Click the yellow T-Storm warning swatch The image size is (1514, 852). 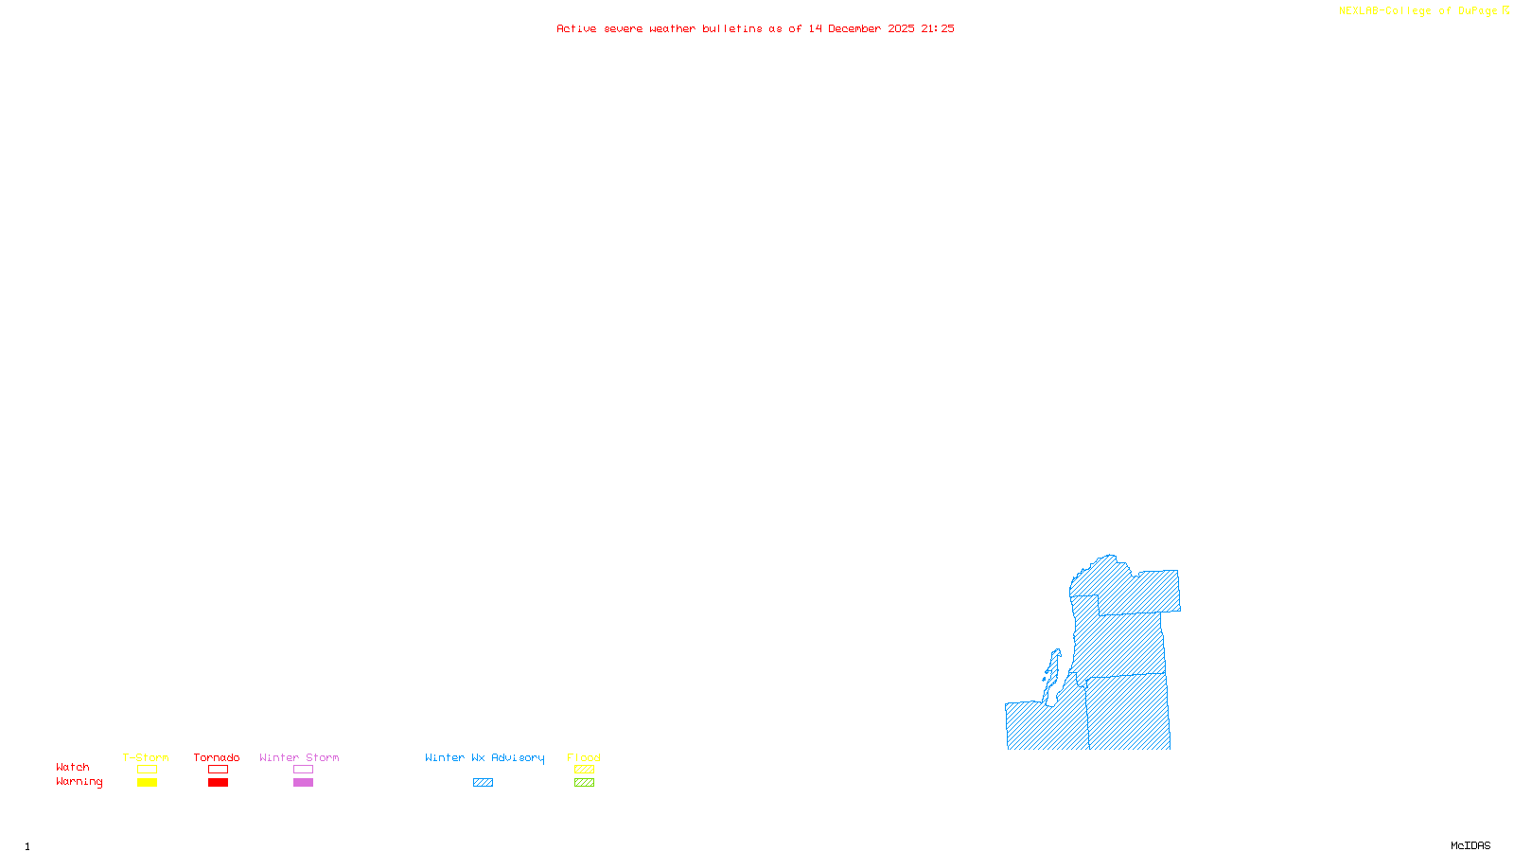point(147,783)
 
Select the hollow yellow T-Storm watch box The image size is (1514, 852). point(147,770)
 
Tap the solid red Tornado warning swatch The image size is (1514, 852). point(219,783)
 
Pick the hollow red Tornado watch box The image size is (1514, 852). point(219,770)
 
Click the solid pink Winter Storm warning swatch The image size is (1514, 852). point(303,783)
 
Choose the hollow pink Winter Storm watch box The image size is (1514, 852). point(303,770)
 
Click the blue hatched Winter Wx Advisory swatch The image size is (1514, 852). point(483,783)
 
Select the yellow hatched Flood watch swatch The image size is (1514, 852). point(584,770)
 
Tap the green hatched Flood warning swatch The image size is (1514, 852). point(584,783)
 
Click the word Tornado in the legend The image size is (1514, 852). point(217,757)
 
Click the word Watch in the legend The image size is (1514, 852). point(73,768)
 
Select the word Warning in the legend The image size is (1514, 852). point(79,782)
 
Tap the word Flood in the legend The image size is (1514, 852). point(584,757)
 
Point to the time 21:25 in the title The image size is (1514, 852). point(938,28)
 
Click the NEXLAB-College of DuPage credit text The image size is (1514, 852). point(1418,11)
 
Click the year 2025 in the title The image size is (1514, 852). point(901,28)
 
